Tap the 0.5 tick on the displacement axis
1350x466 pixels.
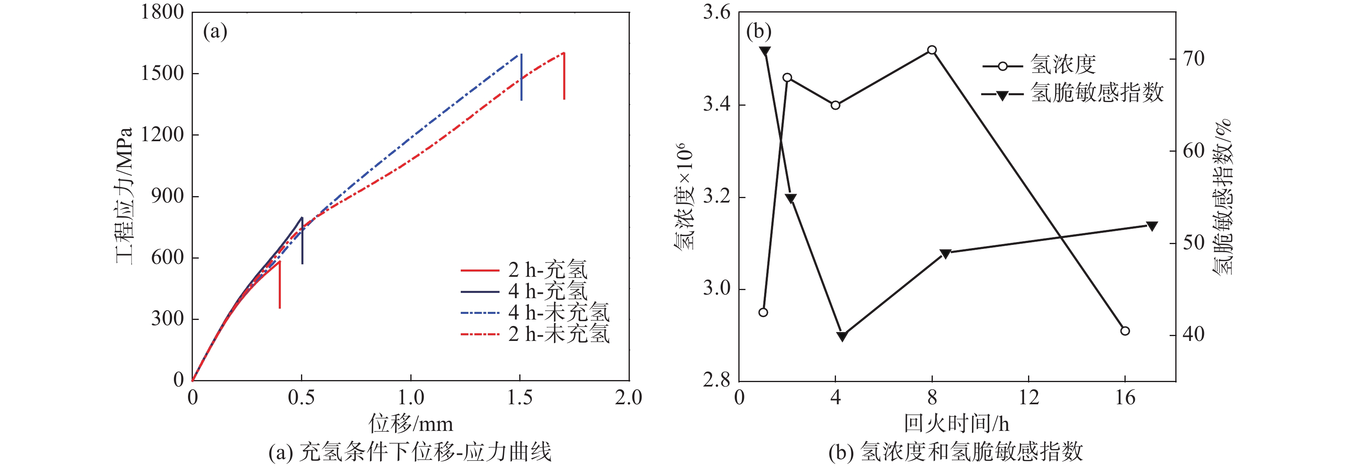301,398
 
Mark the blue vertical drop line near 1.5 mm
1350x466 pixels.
521,77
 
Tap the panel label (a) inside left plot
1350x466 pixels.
215,32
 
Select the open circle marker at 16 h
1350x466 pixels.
1124,331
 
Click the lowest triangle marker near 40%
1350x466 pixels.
842,336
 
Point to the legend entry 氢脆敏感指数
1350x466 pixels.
1097,93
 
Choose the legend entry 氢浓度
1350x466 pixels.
1063,65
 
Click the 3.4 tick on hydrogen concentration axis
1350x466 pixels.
717,105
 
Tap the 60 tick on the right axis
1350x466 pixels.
1193,151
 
